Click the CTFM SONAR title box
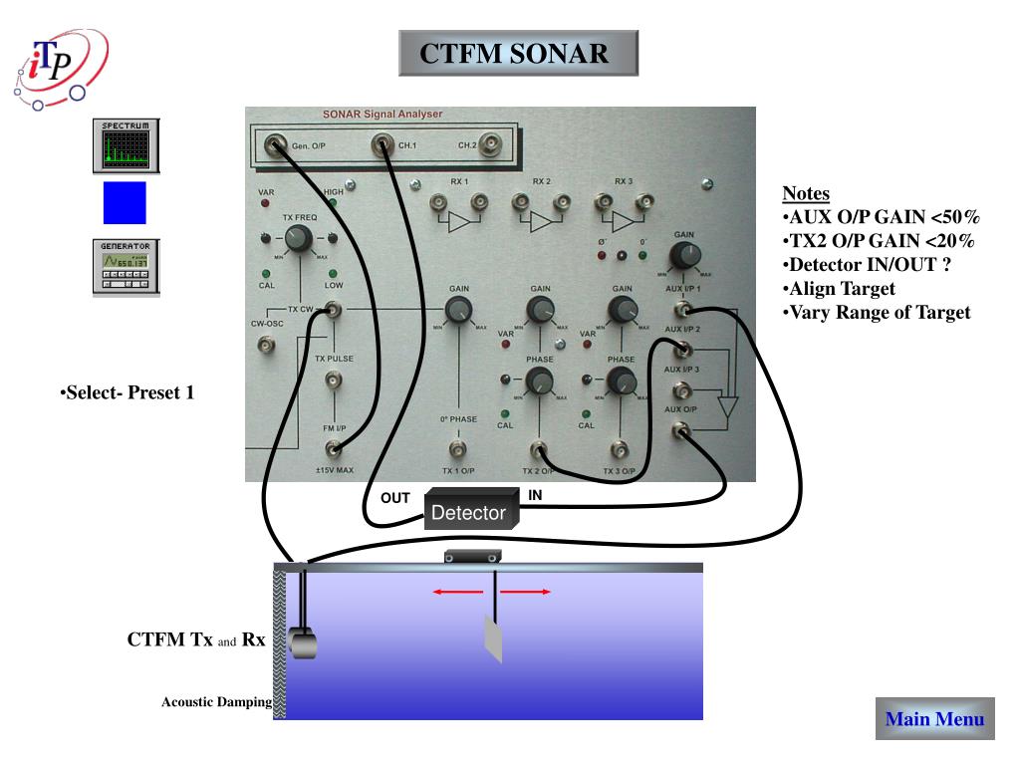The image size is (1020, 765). click(x=518, y=53)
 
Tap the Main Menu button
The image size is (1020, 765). click(x=934, y=719)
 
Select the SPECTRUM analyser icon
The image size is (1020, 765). click(x=127, y=144)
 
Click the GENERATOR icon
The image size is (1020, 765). click(x=127, y=266)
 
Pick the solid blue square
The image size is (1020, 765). click(x=125, y=203)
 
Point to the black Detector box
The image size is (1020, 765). click(x=469, y=511)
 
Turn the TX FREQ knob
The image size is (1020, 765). click(x=297, y=238)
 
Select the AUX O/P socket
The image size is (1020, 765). click(x=681, y=430)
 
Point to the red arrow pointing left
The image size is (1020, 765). click(x=457, y=592)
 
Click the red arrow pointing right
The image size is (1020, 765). click(x=525, y=592)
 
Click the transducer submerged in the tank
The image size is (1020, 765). click(x=302, y=642)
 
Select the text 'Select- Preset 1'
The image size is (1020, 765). click(x=127, y=392)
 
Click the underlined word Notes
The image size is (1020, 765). click(x=806, y=193)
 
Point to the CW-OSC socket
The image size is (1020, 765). click(x=266, y=345)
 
